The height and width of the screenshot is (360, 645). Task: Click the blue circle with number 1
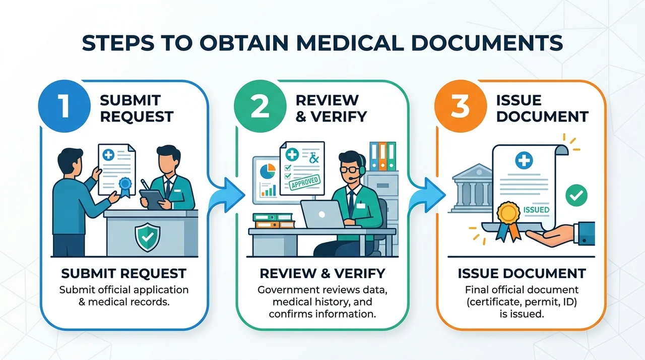pos(64,106)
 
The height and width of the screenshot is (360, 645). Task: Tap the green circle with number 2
pos(260,106)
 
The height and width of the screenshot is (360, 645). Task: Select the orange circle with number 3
pos(461,106)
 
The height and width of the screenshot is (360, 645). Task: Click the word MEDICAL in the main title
pos(350,43)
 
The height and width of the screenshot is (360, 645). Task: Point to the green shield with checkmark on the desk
pos(148,237)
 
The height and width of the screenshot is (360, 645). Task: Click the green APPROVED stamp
pos(305,183)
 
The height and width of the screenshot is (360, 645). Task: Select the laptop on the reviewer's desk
pos(323,215)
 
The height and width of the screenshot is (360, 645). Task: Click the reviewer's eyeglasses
pos(349,169)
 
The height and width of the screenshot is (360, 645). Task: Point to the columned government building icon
pos(472,188)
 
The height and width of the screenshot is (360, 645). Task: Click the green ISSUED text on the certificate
pos(536,210)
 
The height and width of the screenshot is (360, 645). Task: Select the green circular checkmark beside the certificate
pos(576,195)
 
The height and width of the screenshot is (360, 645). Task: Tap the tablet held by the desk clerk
pos(152,199)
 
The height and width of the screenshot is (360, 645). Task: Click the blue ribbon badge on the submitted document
pos(125,187)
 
